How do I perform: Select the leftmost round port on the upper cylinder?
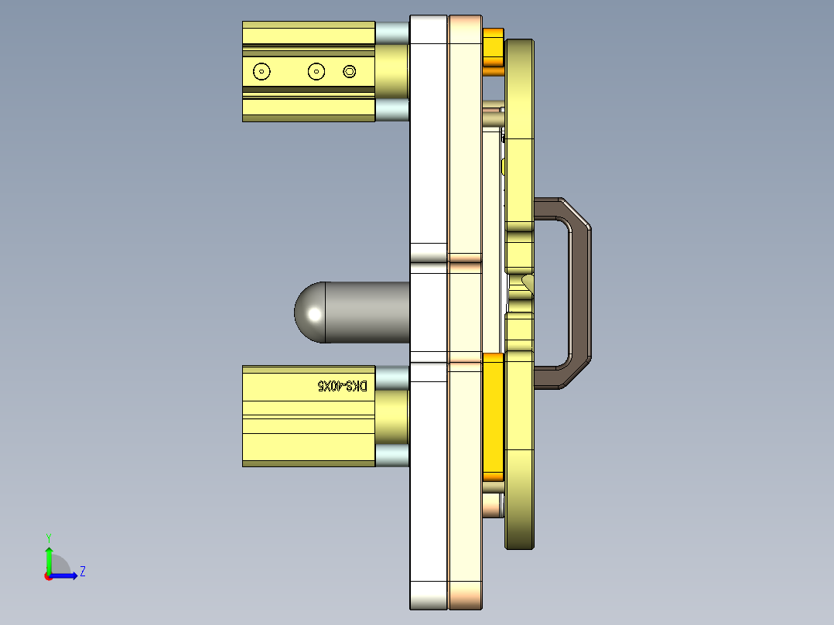tap(262, 72)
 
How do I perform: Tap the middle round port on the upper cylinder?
tap(316, 72)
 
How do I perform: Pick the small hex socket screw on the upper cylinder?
tap(350, 72)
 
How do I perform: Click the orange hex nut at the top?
tap(493, 49)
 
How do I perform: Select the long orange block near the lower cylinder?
tap(493, 414)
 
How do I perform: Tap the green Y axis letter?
tap(48, 536)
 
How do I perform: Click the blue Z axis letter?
tap(82, 572)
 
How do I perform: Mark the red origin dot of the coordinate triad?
tap(48, 575)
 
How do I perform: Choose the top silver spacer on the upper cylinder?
tap(392, 32)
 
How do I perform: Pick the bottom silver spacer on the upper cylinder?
tap(392, 110)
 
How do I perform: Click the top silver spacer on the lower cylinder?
tap(392, 377)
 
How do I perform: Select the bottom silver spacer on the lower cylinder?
tap(392, 456)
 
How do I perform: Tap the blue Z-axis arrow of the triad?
tap(66, 575)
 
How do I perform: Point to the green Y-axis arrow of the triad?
tap(48, 558)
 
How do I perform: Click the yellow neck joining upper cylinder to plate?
tap(392, 71)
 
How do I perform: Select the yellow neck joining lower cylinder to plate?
tap(392, 416)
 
